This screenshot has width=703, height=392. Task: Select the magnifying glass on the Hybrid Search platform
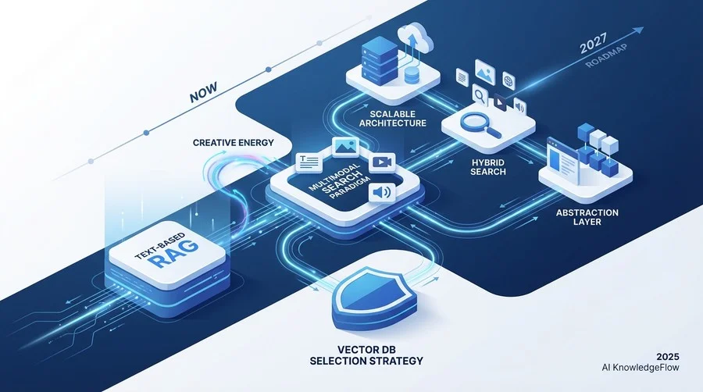tap(480, 123)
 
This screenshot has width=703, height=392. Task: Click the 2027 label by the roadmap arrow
tap(593, 44)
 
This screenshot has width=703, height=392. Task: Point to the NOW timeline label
tap(204, 92)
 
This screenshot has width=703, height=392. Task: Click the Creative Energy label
tap(233, 142)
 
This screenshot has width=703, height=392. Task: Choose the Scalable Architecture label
tap(393, 118)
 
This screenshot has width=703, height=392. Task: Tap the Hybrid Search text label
tap(488, 167)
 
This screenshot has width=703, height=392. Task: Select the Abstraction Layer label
tap(587, 217)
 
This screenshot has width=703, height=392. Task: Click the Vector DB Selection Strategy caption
tap(366, 355)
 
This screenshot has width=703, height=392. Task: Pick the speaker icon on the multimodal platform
tap(382, 193)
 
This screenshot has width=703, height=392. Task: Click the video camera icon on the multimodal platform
tap(382, 162)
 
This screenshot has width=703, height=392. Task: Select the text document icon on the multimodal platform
tap(309, 162)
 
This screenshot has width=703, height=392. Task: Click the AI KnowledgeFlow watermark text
tap(641, 368)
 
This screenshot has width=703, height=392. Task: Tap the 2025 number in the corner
tap(668, 357)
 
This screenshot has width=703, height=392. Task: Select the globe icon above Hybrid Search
tap(509, 81)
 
